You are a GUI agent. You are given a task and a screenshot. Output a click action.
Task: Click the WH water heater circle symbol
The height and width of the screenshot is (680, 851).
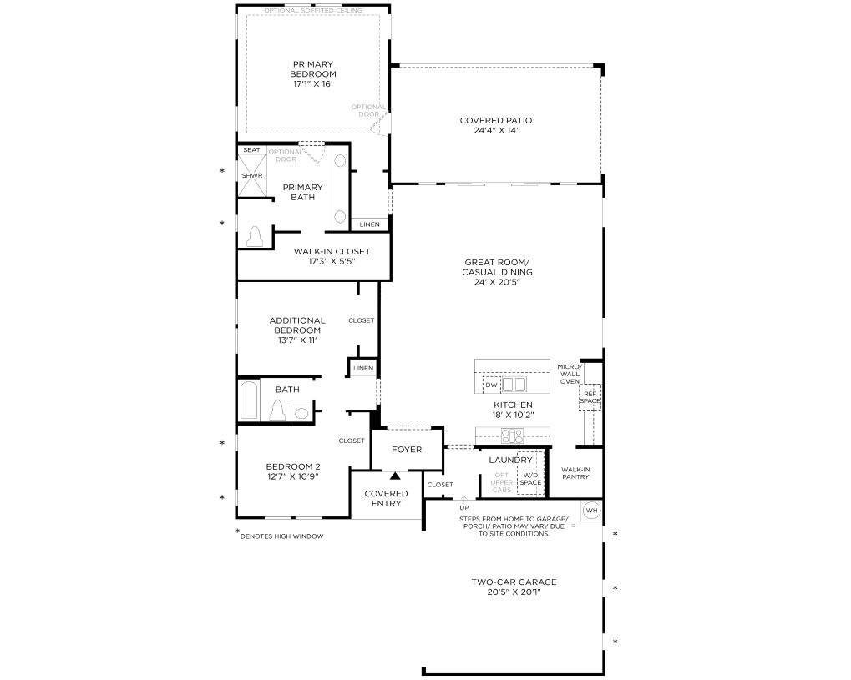[x=591, y=511]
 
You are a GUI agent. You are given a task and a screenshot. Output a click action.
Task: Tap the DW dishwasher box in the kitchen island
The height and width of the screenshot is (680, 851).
[x=491, y=385]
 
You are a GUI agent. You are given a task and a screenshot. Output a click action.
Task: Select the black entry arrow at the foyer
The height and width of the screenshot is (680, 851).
[x=395, y=476]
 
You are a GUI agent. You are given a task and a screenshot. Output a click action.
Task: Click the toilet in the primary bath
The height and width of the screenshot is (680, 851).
[x=255, y=236]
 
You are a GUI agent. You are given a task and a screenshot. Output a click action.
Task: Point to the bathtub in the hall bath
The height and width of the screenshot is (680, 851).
[x=249, y=400]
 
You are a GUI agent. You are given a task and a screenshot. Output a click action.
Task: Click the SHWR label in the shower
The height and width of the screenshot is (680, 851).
[x=252, y=176]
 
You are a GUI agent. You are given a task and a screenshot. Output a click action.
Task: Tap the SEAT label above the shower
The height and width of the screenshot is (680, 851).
[x=251, y=149]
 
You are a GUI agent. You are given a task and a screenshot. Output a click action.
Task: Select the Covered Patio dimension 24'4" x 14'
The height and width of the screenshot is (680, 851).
[x=495, y=131]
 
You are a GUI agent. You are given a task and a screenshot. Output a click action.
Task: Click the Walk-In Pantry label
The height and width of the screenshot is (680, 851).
[x=575, y=473]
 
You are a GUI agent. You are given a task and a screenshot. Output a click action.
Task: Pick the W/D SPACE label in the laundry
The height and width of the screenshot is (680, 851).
[x=530, y=479]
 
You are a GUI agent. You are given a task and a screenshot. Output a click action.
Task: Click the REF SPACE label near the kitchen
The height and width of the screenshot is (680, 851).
[x=590, y=397]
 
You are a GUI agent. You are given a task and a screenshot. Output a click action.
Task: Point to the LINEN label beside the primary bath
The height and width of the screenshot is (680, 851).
[x=370, y=224]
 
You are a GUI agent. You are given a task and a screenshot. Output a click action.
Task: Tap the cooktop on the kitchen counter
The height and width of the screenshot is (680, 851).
[x=512, y=435]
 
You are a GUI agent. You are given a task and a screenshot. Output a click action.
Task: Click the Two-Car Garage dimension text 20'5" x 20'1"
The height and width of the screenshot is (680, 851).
[x=514, y=592]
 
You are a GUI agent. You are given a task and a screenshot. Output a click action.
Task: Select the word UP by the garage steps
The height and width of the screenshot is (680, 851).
[x=464, y=508]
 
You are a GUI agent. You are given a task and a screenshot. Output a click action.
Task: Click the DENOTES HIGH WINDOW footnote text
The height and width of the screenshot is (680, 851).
[x=281, y=536]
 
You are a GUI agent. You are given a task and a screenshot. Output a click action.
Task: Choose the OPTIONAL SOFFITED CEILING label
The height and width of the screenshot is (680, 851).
[x=313, y=10]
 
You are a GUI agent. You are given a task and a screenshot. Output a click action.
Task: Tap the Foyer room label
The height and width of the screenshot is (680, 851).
[x=407, y=450]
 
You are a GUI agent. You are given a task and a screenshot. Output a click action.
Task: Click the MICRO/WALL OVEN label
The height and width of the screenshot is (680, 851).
[x=570, y=374]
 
